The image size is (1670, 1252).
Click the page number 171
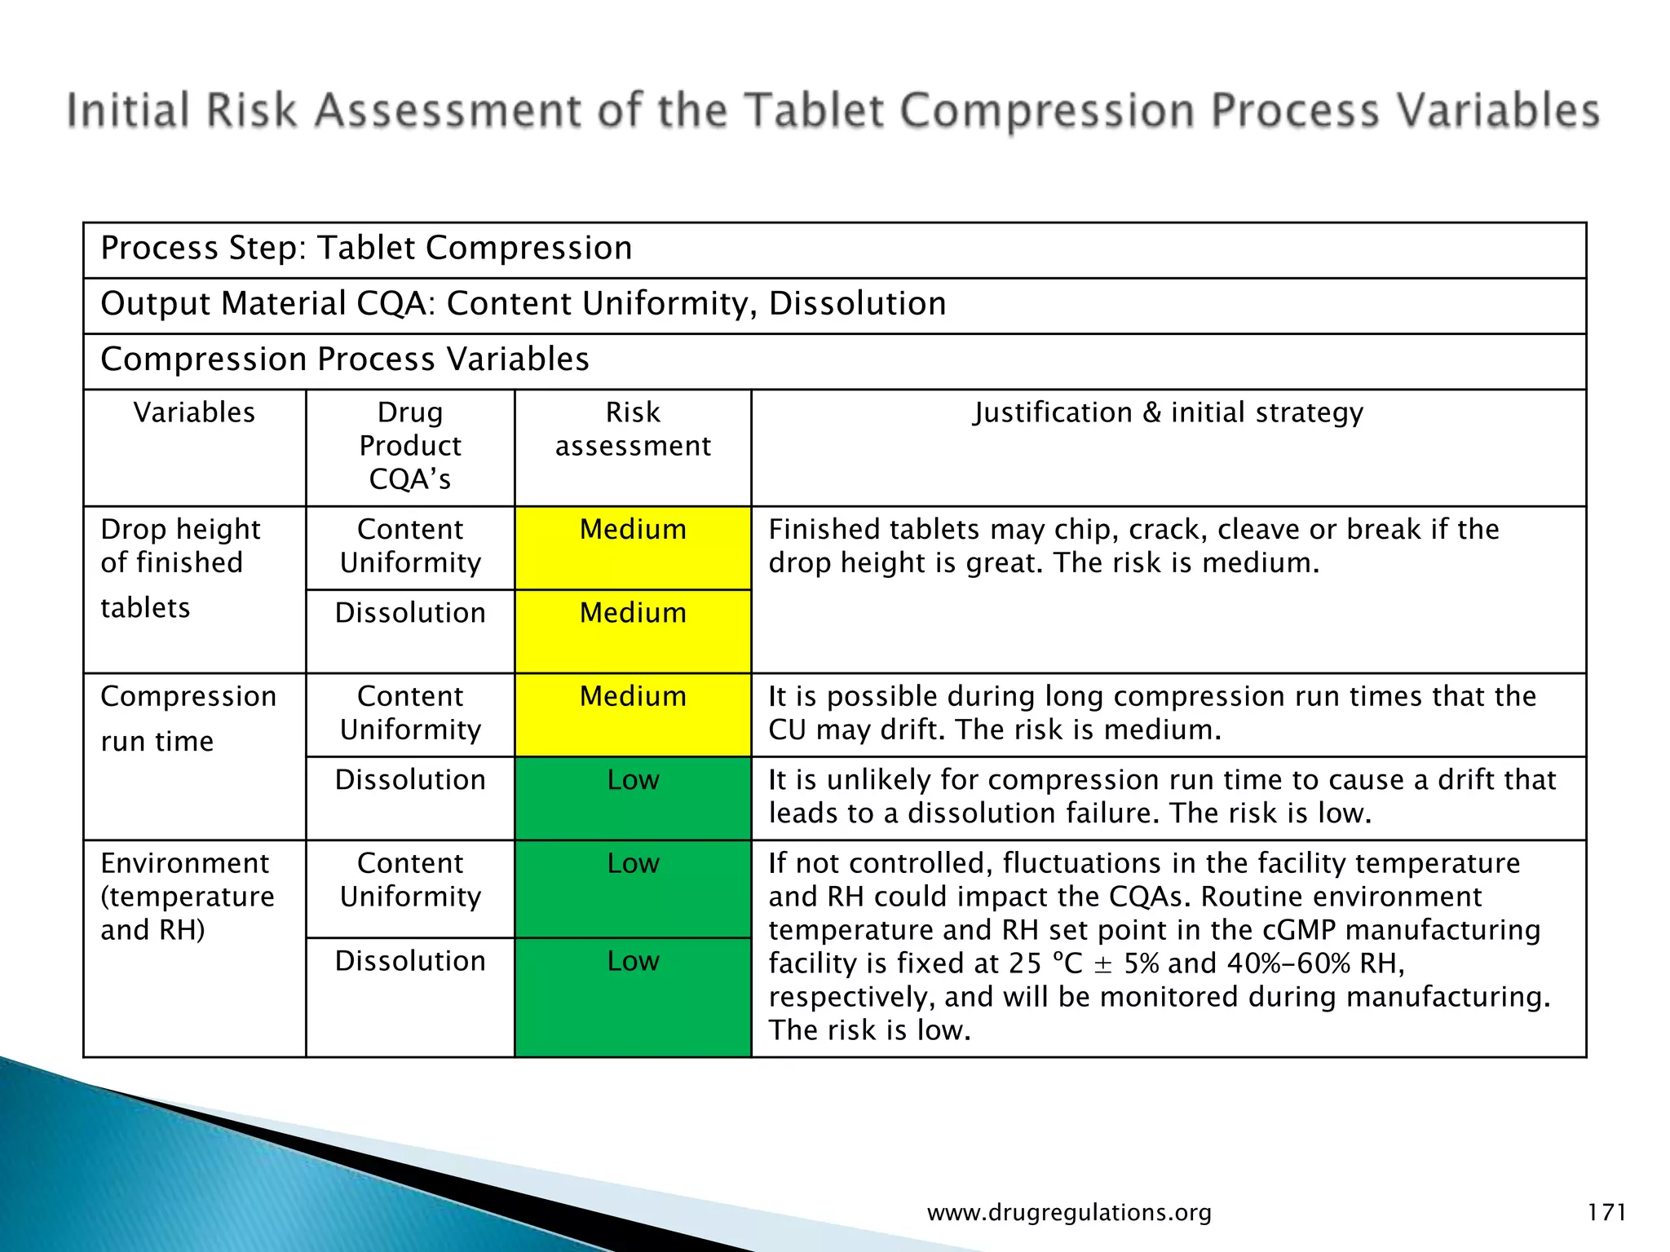[x=1606, y=1212]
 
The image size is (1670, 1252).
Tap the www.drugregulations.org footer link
[x=1069, y=1212]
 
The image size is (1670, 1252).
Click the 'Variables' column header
[x=194, y=412]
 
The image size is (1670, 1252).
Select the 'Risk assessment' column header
[x=633, y=429]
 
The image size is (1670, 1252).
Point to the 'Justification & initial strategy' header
[x=1168, y=412]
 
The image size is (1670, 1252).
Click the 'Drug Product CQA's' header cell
[x=410, y=446]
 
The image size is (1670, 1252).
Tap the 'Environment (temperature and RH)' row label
[x=188, y=896]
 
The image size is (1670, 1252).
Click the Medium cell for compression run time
[x=633, y=697]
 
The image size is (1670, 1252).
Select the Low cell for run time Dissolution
[x=633, y=780]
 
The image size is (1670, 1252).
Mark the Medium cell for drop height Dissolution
[x=633, y=613]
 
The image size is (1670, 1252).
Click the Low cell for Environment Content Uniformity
[x=633, y=863]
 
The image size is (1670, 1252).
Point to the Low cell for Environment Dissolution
[x=633, y=961]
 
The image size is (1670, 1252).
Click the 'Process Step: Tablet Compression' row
[x=366, y=248]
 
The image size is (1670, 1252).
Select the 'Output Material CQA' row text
[x=523, y=303]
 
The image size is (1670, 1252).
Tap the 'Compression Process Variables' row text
[x=345, y=359]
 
